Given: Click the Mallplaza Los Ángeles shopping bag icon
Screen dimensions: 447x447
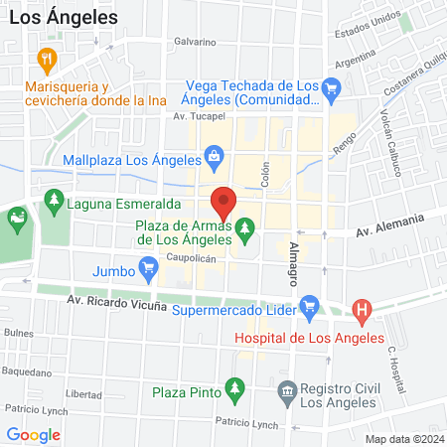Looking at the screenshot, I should pyautogui.click(x=214, y=156).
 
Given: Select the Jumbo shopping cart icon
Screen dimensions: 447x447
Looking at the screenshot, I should pyautogui.click(x=149, y=266).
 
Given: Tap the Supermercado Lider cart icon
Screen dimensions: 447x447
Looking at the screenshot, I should pyautogui.click(x=309, y=304).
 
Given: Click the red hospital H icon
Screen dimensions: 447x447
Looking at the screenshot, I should pyautogui.click(x=363, y=311).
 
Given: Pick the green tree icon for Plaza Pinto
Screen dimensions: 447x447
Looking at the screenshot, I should pyautogui.click(x=234, y=386).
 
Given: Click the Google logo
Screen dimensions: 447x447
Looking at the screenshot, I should pyautogui.click(x=34, y=434).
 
